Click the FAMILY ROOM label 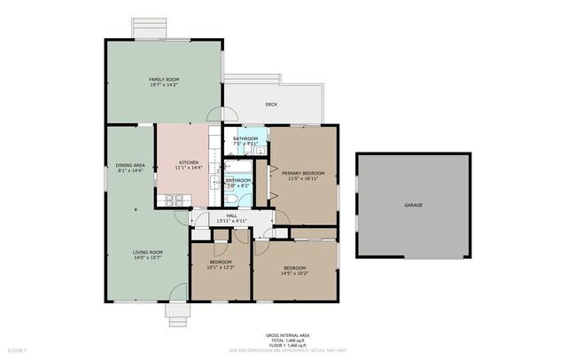[163, 80]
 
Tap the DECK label [272, 104]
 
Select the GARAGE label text [413, 205]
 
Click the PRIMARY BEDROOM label [303, 173]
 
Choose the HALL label [231, 215]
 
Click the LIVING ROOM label [147, 252]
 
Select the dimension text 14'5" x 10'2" [294, 273]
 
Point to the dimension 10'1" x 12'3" [221, 268]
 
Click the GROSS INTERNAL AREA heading [287, 334]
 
